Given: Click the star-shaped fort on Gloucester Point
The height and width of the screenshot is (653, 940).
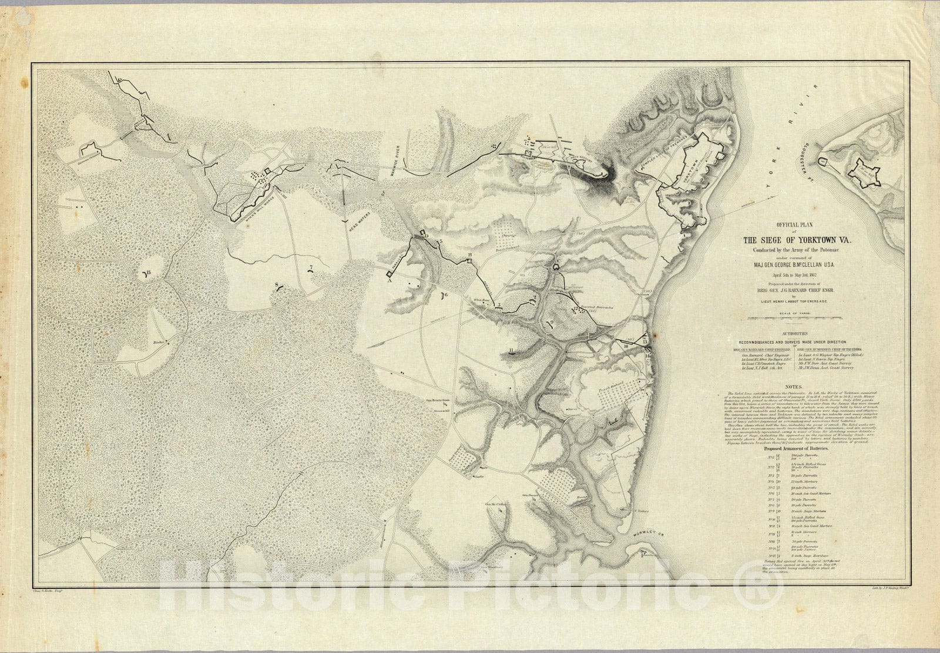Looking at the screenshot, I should (x=866, y=172).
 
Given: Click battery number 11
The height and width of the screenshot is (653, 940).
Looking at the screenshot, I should (x=513, y=353).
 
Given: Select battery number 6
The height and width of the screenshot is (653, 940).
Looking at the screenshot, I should (x=443, y=295).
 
